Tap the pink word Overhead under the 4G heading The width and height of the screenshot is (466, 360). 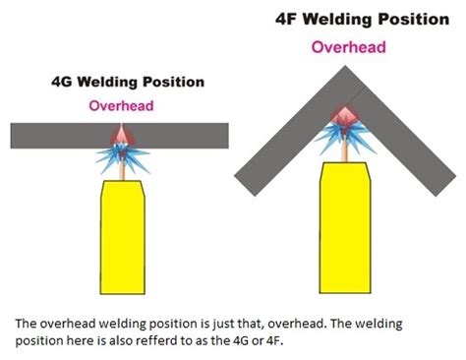coord(119,104)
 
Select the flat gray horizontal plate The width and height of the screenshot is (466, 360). coord(59,132)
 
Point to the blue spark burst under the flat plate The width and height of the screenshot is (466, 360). coord(119,155)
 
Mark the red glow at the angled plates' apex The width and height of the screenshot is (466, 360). coord(345,115)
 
